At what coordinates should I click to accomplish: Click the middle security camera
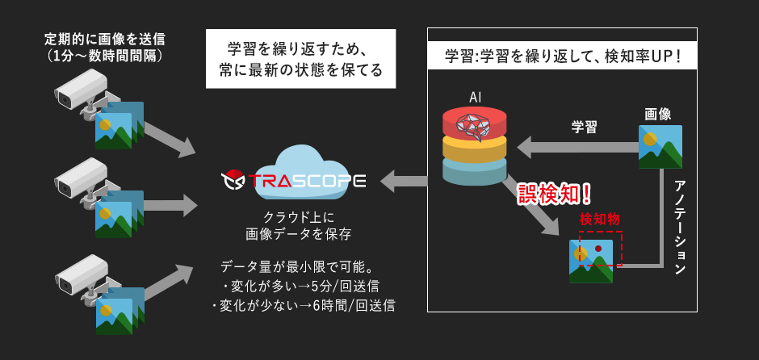click(81, 178)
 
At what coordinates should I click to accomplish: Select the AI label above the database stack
click(476, 97)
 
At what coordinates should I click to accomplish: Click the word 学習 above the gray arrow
click(585, 126)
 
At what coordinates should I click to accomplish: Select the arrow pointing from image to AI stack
click(577, 147)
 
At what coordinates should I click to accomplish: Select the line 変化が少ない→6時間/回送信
click(303, 306)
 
